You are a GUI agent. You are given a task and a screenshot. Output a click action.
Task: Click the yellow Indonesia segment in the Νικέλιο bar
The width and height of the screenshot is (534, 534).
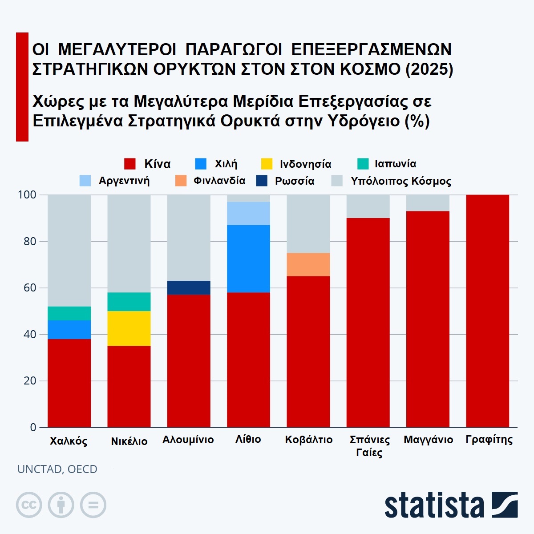click(129, 328)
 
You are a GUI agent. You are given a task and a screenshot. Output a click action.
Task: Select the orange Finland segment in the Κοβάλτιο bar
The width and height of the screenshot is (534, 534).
click(308, 264)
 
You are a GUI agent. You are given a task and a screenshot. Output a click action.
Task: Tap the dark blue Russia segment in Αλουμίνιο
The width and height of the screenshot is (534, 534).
click(189, 287)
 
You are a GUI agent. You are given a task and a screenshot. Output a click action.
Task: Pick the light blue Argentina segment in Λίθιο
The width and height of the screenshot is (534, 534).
click(248, 214)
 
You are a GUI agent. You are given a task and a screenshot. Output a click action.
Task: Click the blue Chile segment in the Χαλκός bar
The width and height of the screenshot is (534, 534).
click(69, 330)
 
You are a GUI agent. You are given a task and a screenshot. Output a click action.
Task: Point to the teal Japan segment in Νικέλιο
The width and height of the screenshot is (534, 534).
click(129, 302)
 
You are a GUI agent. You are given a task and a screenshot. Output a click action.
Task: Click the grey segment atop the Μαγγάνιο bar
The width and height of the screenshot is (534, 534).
click(428, 203)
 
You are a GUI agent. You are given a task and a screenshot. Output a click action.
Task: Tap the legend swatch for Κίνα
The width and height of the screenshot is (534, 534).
click(129, 164)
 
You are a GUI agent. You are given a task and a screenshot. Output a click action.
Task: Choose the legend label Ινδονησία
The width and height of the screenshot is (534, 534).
click(305, 164)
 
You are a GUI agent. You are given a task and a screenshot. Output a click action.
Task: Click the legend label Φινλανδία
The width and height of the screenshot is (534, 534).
click(219, 181)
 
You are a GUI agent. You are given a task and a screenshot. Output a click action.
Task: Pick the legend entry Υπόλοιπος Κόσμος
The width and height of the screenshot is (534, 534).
click(401, 181)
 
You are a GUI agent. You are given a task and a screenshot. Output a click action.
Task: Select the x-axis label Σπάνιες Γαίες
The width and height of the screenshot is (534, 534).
click(369, 446)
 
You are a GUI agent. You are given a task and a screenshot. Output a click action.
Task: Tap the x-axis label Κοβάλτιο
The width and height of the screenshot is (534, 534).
click(308, 440)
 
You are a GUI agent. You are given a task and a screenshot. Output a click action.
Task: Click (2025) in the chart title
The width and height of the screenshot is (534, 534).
click(429, 69)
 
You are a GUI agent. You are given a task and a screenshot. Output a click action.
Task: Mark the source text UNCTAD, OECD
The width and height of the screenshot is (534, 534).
click(57, 469)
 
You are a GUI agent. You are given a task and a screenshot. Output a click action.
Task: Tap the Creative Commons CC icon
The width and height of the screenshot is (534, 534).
click(29, 505)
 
